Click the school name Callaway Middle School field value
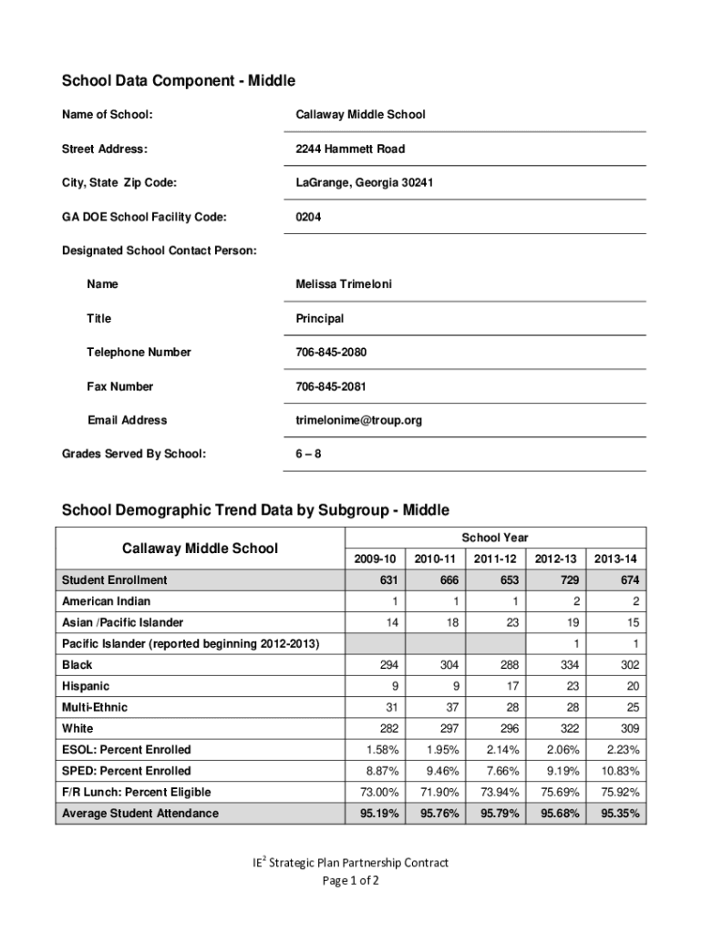tap(360, 115)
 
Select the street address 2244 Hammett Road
tap(350, 149)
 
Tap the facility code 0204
tap(308, 217)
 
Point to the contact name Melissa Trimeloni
tap(344, 284)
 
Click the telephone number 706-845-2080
tap(331, 352)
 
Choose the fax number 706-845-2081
tap(331, 386)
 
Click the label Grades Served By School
tap(133, 454)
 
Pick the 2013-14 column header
tap(615, 559)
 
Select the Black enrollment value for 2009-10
tap(387, 665)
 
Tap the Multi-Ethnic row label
tap(95, 708)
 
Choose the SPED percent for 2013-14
tap(615, 771)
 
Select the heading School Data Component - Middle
tap(179, 81)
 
